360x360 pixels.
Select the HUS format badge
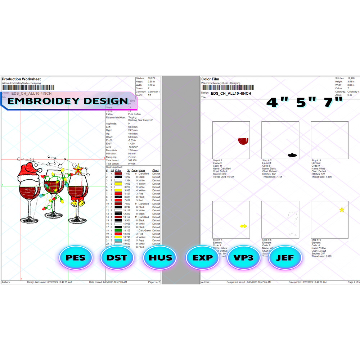pos(160,258)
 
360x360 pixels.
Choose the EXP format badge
pos(203,258)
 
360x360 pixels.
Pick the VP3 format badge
pos(244,258)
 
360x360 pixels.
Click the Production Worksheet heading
pos(21,79)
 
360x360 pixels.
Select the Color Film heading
pos(211,79)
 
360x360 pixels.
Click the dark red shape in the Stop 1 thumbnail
pos(244,141)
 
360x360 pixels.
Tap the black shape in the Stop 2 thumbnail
pos(292,155)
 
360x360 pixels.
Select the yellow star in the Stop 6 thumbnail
pos(342,210)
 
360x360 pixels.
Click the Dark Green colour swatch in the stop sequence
pos(118,230)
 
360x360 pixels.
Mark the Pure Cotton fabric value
pos(134,114)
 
